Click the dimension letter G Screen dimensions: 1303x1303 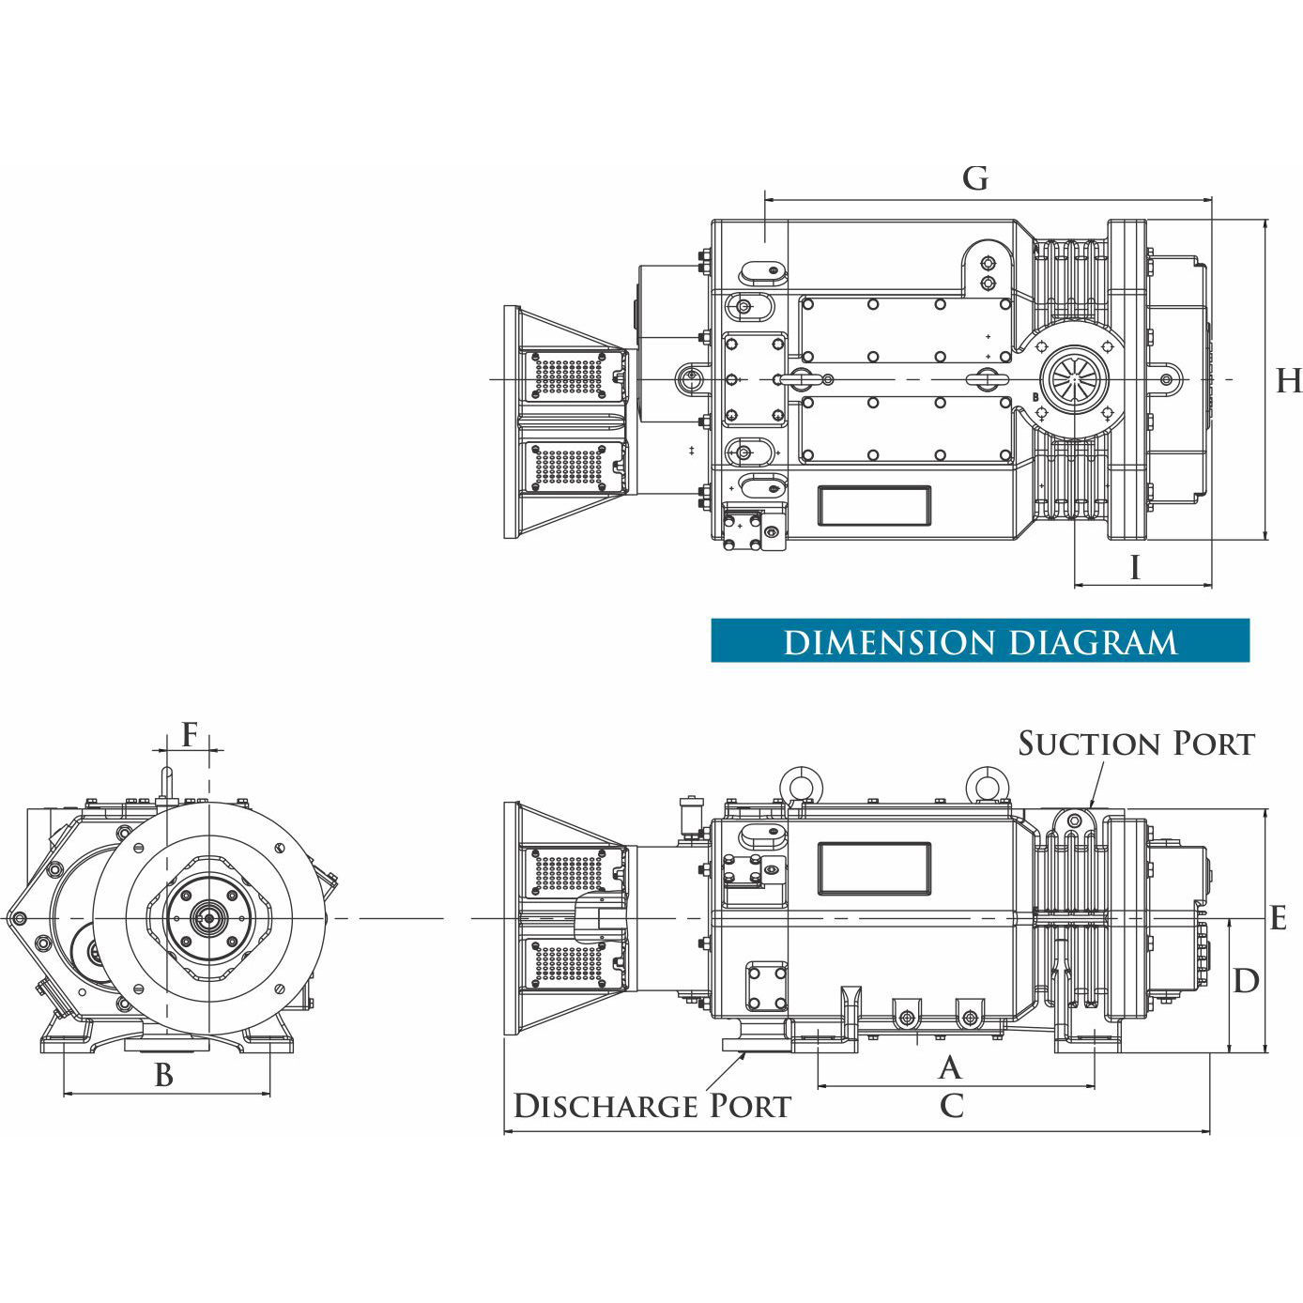975,178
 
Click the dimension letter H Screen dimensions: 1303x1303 1288,381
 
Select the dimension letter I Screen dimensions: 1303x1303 1135,567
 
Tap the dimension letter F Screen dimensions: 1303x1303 190,735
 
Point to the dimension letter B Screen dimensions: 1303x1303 164,1075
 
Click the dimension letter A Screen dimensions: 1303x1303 950,1067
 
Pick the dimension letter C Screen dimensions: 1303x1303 951,1106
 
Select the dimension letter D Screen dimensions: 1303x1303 1246,981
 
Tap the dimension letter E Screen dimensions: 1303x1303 1278,918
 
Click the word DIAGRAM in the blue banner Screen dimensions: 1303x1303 1094,643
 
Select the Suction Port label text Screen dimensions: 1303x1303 1136,743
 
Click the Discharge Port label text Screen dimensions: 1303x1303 652,1106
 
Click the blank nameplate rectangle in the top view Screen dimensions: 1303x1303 874,506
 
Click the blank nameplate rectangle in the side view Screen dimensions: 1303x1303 874,868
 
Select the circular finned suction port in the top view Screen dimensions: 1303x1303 1074,380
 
